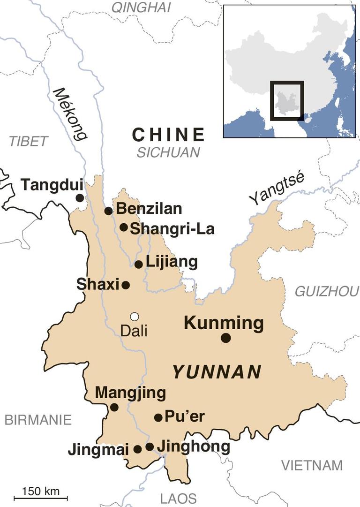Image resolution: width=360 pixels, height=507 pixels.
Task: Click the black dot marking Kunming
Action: (x=226, y=338)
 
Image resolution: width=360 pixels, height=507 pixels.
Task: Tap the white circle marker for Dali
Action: (x=135, y=316)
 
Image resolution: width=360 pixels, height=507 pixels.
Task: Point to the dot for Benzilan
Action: (x=109, y=211)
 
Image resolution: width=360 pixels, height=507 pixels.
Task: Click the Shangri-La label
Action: (x=172, y=228)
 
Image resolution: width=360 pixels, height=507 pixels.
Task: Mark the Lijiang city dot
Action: (x=139, y=265)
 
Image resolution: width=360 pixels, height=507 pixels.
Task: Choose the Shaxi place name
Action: (x=97, y=284)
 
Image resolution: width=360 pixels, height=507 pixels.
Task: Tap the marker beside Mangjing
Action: (x=114, y=407)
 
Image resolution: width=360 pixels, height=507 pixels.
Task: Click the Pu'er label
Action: (x=185, y=416)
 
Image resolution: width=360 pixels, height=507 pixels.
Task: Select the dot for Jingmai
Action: (x=137, y=449)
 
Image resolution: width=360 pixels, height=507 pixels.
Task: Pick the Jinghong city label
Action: (x=193, y=446)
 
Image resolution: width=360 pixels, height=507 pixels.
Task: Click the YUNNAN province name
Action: (x=217, y=372)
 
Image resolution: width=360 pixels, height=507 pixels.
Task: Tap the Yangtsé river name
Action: (x=277, y=189)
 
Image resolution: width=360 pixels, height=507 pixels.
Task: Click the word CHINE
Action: (x=168, y=135)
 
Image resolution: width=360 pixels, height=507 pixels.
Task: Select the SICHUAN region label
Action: (x=168, y=152)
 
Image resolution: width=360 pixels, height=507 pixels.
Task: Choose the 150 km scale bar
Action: (x=41, y=498)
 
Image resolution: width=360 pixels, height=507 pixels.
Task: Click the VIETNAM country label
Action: (x=312, y=465)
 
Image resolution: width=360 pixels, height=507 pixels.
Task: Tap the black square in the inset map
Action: (x=287, y=100)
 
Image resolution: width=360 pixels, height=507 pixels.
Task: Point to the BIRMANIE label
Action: (x=38, y=420)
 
